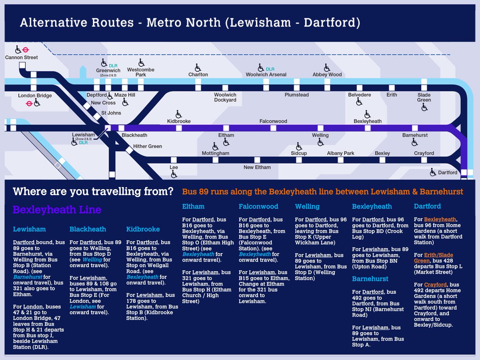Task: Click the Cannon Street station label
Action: click(22, 58)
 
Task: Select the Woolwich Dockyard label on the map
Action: click(225, 98)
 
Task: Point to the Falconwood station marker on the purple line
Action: click(273, 128)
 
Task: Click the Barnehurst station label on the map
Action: click(415, 135)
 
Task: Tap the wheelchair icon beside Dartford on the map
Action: click(433, 172)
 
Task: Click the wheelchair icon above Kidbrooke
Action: click(179, 114)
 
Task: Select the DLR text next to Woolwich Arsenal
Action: click(270, 69)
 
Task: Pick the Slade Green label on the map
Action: click(424, 98)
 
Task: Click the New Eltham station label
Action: click(257, 167)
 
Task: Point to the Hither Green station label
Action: click(148, 146)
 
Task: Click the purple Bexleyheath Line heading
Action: click(57, 210)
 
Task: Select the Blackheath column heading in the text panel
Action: click(88, 229)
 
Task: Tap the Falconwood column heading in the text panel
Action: click(258, 206)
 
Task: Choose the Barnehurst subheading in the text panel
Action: click(370, 279)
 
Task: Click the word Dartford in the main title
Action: click(332, 23)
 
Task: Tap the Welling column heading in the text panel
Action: click(307, 206)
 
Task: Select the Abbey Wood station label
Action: click(327, 75)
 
